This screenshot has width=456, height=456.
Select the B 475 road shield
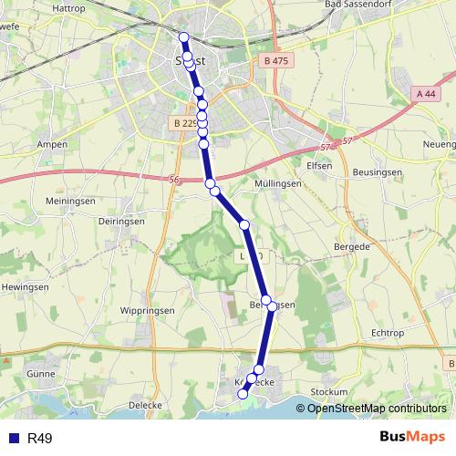click(273, 61)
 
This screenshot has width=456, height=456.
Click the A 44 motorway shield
click(426, 93)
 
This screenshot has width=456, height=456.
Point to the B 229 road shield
click(184, 123)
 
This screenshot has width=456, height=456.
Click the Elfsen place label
click(321, 166)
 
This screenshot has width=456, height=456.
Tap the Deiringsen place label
click(123, 219)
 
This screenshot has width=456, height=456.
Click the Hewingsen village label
click(25, 286)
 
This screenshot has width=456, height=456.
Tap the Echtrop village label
click(387, 333)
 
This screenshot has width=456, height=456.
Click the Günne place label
click(41, 374)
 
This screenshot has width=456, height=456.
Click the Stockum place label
click(328, 392)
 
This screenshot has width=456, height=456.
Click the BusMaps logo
click(411, 438)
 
